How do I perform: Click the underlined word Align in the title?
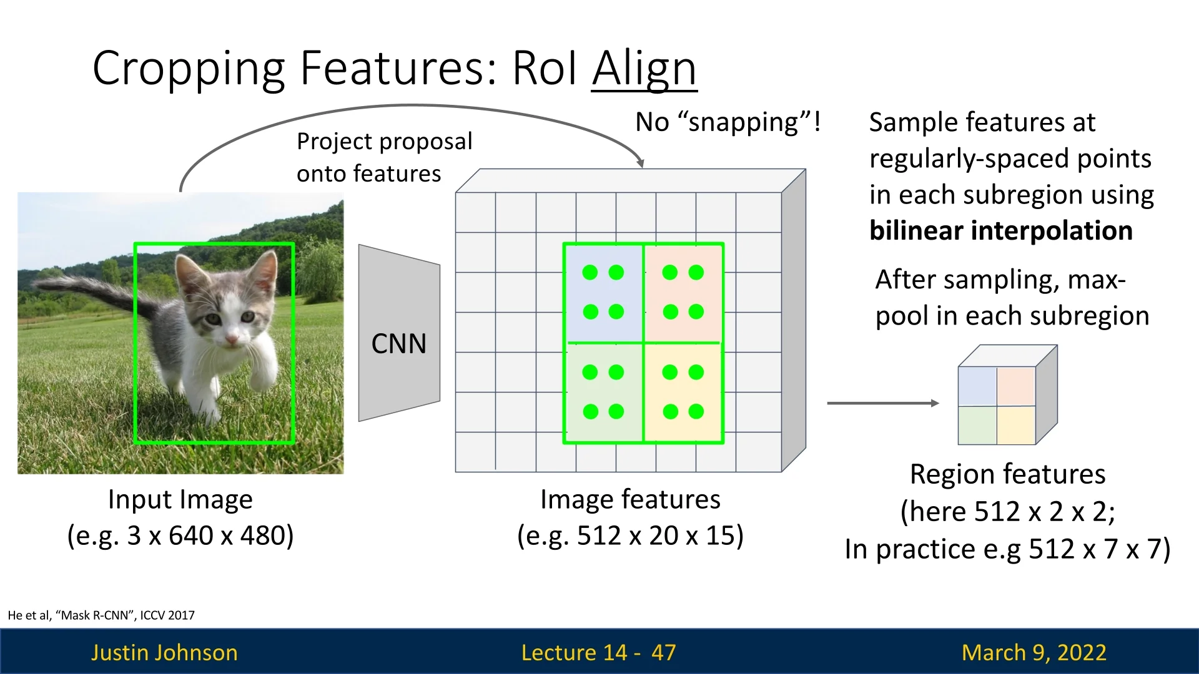(x=644, y=69)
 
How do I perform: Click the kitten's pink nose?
(x=232, y=339)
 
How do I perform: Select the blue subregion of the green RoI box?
(x=603, y=292)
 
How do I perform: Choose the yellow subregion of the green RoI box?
(x=683, y=392)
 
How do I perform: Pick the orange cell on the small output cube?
(x=1016, y=386)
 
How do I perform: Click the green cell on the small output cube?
(x=977, y=425)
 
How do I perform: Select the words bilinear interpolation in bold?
(x=1000, y=231)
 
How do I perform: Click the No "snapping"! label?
(x=728, y=122)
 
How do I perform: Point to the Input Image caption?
(x=180, y=499)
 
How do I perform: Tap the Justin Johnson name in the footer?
(x=164, y=652)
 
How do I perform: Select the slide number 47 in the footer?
(x=663, y=652)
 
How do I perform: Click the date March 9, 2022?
(x=1034, y=652)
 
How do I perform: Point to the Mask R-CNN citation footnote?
(x=101, y=615)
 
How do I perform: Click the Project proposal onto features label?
(x=383, y=157)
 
